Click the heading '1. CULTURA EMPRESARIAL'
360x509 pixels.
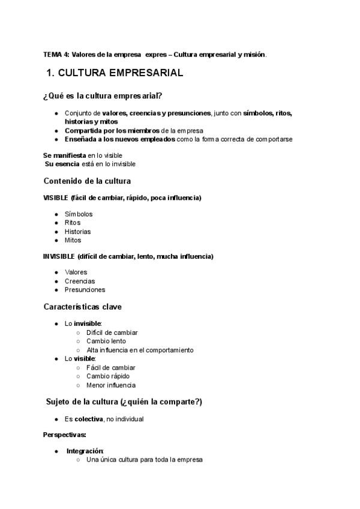(115, 74)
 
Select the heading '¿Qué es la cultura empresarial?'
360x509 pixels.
(103, 96)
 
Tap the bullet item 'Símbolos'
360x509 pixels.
(79, 214)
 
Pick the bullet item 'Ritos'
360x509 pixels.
(73, 223)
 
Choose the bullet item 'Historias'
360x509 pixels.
(78, 232)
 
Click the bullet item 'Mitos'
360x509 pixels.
(73, 240)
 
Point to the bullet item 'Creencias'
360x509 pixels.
(80, 281)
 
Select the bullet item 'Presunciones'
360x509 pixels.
(85, 289)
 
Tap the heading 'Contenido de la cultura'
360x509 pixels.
(87, 181)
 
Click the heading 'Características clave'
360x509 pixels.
(83, 307)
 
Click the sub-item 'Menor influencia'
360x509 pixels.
(111, 385)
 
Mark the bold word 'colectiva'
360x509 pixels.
(88, 419)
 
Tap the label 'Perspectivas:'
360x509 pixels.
(65, 434)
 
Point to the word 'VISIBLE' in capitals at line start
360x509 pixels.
(56, 198)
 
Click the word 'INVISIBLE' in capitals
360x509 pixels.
(59, 256)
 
